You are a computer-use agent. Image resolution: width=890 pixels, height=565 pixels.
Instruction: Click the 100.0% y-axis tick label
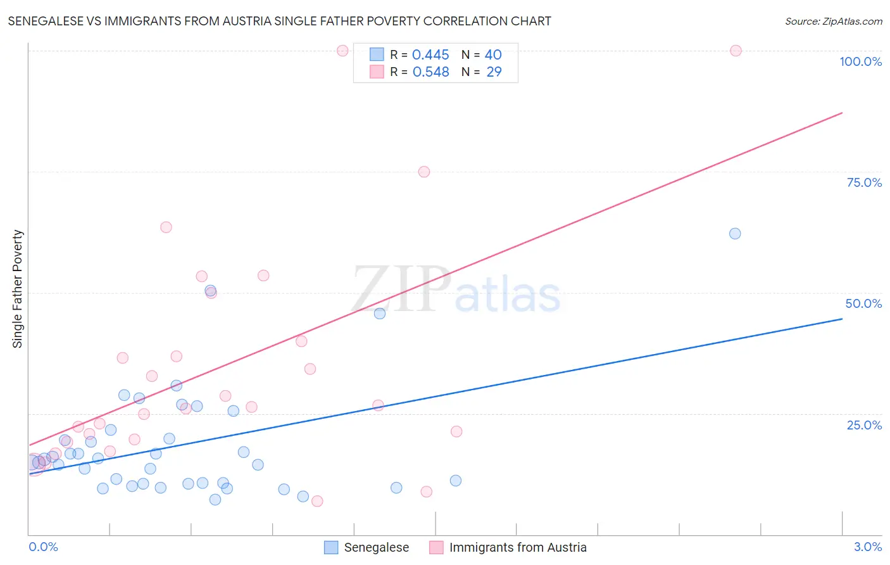click(x=860, y=61)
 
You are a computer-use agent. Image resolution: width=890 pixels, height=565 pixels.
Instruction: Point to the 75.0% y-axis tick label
click(x=864, y=182)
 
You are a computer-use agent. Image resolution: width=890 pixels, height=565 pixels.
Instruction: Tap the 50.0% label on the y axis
click(x=863, y=303)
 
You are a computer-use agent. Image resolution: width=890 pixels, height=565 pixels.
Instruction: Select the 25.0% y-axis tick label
click(x=864, y=425)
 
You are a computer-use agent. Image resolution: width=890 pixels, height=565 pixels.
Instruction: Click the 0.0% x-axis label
click(x=43, y=547)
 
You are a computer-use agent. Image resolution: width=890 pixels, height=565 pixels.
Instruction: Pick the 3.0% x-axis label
click(x=867, y=547)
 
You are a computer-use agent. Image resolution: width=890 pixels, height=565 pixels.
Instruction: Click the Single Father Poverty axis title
click(x=18, y=289)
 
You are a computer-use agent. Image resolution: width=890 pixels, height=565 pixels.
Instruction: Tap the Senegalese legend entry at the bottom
click(x=376, y=547)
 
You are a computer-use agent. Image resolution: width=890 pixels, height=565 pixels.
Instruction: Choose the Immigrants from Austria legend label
click(x=517, y=547)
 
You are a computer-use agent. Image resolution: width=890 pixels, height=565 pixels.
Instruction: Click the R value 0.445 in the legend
click(x=430, y=55)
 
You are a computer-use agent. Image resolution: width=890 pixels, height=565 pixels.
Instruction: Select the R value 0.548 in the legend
click(x=430, y=72)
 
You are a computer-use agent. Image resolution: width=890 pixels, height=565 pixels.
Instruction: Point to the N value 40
click(x=493, y=55)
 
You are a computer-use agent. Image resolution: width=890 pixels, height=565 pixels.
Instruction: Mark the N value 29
click(x=494, y=72)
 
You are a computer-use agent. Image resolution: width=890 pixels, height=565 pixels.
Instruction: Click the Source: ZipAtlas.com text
click(x=833, y=22)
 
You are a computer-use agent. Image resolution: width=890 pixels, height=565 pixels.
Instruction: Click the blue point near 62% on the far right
click(x=735, y=234)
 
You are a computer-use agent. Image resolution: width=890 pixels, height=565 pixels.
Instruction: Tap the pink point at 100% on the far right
click(x=736, y=51)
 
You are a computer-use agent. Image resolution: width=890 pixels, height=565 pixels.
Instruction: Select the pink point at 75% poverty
click(x=424, y=172)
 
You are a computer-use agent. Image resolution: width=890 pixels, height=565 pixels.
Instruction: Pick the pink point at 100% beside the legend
click(x=342, y=51)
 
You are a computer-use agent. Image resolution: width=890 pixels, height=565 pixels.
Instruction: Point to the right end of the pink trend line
click(x=842, y=113)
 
